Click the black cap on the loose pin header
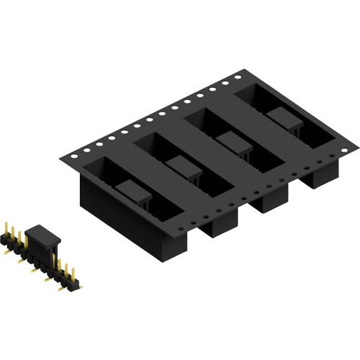[42, 238]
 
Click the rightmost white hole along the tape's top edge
[238, 75]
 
